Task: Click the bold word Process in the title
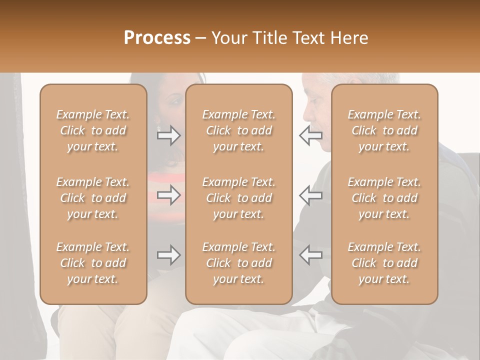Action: (157, 38)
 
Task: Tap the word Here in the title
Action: (350, 38)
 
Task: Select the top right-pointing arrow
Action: (168, 135)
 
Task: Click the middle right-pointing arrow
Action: (168, 195)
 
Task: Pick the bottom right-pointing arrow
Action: (168, 255)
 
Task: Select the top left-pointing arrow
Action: (310, 135)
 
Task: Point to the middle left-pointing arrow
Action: (310, 195)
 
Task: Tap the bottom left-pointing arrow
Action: (310, 255)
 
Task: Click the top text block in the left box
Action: (93, 130)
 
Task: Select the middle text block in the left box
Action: (93, 198)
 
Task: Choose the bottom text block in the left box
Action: (93, 263)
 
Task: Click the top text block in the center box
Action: (238, 130)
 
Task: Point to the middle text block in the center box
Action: (238, 198)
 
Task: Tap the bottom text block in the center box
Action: (238, 263)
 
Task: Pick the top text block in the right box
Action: (384, 130)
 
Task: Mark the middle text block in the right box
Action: (384, 198)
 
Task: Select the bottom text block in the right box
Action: (384, 263)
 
